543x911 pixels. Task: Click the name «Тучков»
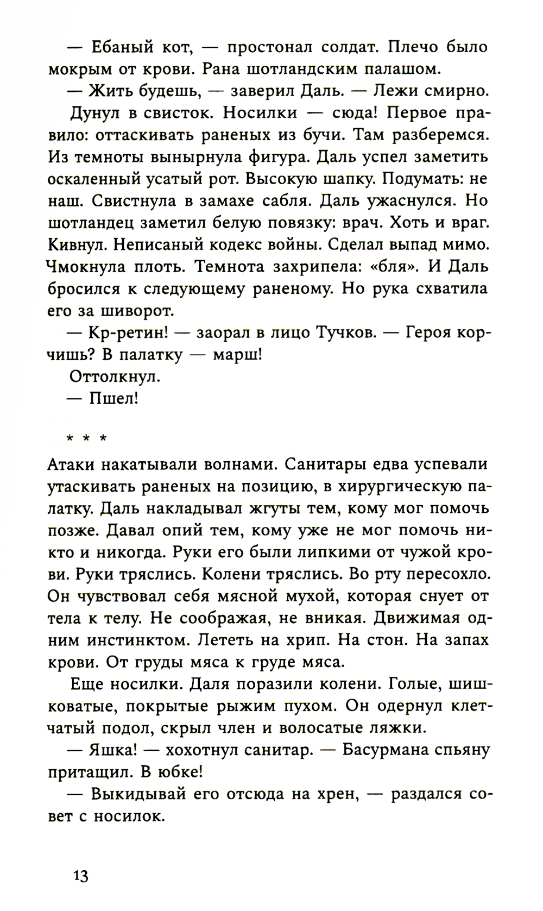coord(346,332)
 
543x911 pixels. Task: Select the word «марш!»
coord(237,355)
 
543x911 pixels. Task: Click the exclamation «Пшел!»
coord(113,399)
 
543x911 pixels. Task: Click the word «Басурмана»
coord(389,750)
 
